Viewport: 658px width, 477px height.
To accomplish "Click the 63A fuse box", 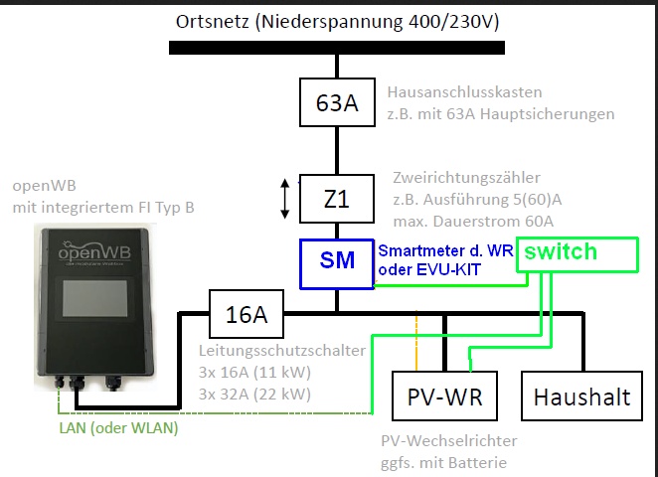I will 336,103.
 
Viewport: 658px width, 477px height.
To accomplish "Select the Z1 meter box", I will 336,199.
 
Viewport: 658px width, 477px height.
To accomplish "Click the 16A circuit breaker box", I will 247,316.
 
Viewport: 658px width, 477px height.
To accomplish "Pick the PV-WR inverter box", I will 444,397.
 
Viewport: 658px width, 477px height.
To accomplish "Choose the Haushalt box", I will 581,397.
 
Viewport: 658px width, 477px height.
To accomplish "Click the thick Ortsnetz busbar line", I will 336,47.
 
